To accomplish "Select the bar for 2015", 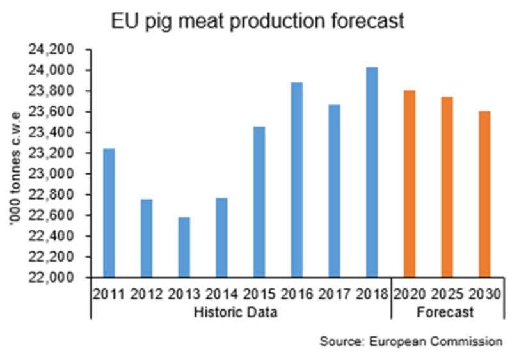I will (x=259, y=202).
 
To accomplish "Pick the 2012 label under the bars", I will (x=146, y=295).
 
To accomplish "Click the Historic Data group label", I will (x=240, y=313).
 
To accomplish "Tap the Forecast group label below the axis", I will (x=447, y=313).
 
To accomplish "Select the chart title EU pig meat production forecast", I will (x=258, y=20).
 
